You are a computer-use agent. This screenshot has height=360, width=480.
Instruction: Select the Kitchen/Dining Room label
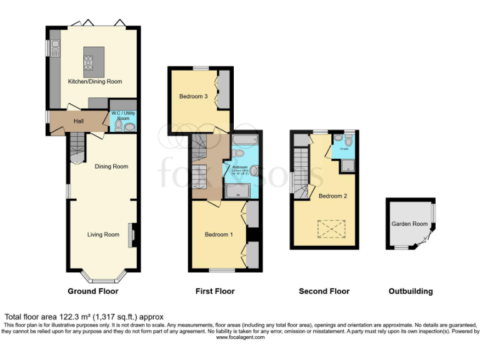click(95, 81)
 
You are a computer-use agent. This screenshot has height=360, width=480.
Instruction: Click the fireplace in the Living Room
click(131, 235)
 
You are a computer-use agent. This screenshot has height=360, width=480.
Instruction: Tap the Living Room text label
click(103, 235)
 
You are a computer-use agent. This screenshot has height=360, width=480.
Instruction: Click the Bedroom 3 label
click(193, 96)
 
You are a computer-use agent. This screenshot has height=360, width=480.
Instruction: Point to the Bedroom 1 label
click(219, 234)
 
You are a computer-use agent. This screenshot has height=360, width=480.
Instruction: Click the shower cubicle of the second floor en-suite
click(347, 165)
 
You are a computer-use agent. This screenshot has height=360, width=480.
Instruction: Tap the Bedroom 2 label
click(331, 196)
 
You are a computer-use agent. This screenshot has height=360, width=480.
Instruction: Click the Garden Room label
click(409, 224)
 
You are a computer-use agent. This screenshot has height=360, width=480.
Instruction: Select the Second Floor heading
click(324, 291)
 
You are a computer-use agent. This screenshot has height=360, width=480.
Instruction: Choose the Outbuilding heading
click(411, 291)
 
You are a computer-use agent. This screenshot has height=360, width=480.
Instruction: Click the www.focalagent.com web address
click(240, 337)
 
